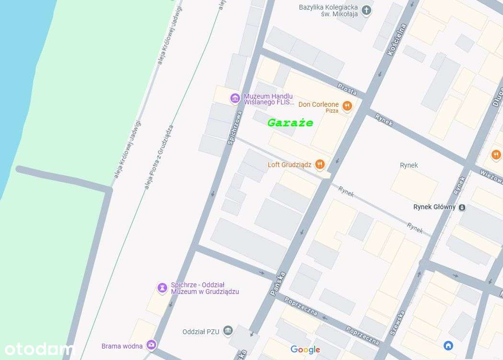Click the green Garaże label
tap(290, 123)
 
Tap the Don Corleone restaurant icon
tap(347, 106)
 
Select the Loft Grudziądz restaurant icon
tap(320, 165)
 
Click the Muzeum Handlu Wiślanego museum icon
tap(235, 99)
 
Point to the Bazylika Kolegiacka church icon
tap(366, 10)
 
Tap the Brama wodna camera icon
tap(151, 344)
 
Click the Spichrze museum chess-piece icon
tap(163, 288)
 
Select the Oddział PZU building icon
tap(228, 331)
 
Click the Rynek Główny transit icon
tap(462, 207)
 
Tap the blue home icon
tap(448, 345)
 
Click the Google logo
tap(305, 350)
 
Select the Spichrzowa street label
tap(235, 127)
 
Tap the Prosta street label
tap(347, 89)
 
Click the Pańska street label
tap(278, 283)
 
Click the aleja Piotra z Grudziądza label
tap(159, 157)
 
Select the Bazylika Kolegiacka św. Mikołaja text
tap(328, 11)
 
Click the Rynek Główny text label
tap(434, 207)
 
